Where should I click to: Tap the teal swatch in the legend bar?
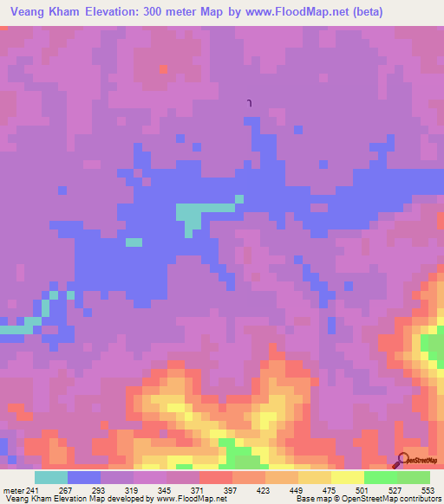click(x=50, y=477)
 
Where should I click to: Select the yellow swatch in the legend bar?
click(x=347, y=477)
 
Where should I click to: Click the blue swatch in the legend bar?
click(x=83, y=477)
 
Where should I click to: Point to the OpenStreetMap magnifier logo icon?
click(x=402, y=461)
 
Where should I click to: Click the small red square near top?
click(x=163, y=68)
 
